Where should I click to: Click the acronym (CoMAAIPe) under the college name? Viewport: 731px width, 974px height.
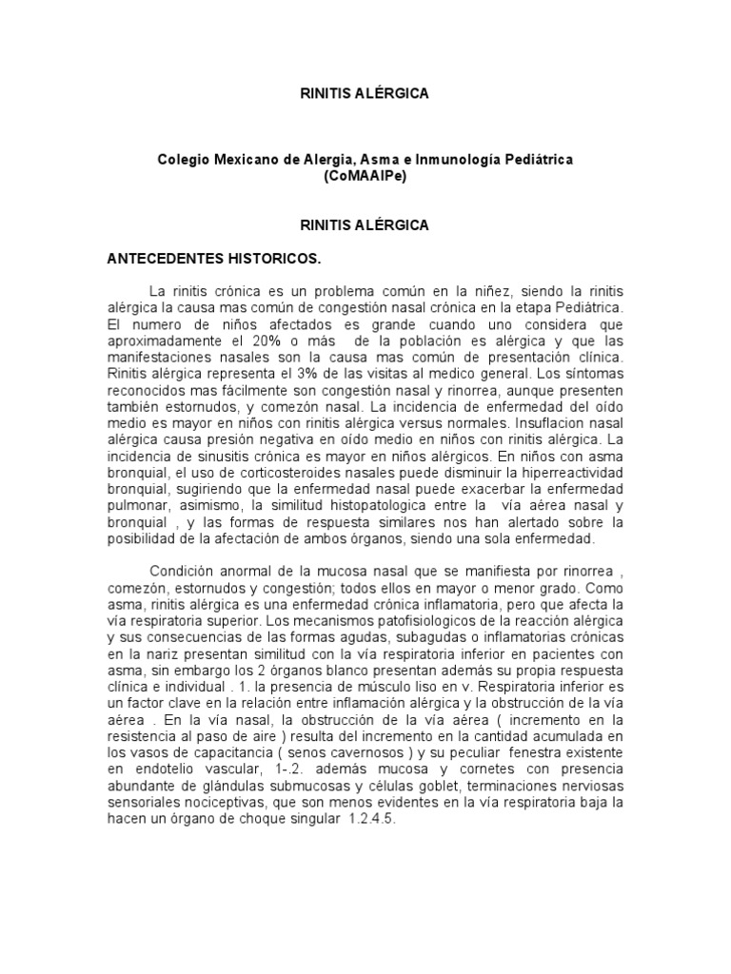click(x=365, y=177)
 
